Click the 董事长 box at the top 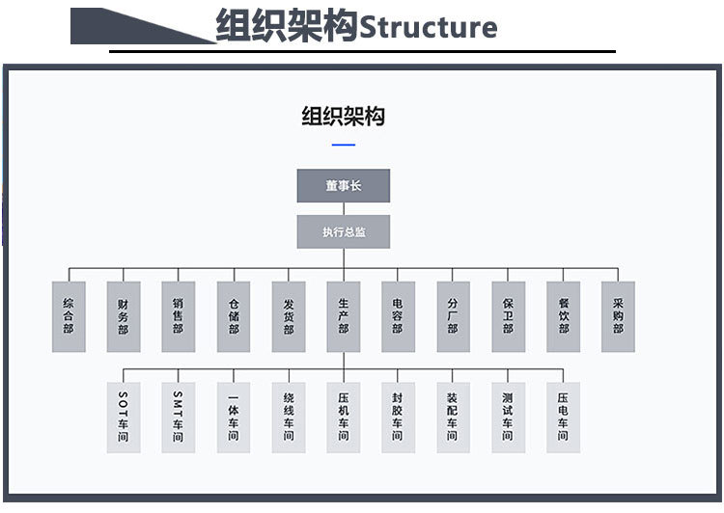point(343,186)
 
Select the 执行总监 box point(343,232)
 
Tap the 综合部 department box point(68,316)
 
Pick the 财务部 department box point(123,316)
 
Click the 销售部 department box point(178,316)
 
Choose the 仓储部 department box point(233,316)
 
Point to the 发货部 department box point(288,316)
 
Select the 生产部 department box point(343,316)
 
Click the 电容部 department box point(398,316)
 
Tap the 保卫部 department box point(508,316)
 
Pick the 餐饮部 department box point(563,316)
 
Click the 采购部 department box point(618,316)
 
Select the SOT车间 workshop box point(123,418)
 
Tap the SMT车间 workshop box point(178,418)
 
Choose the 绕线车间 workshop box point(288,418)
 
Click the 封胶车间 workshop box point(398,418)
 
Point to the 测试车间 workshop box point(508,418)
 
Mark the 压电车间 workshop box point(563,418)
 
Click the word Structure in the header point(428,26)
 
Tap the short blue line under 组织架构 point(343,146)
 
